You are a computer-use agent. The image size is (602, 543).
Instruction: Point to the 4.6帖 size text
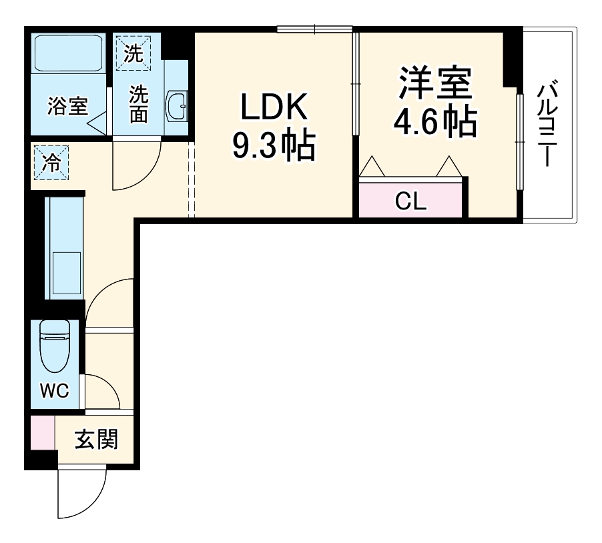(435, 121)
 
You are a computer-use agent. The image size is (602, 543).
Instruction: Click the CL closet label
(410, 201)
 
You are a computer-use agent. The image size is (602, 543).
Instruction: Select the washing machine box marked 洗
(133, 51)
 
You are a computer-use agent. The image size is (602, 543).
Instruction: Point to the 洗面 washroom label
(138, 103)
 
